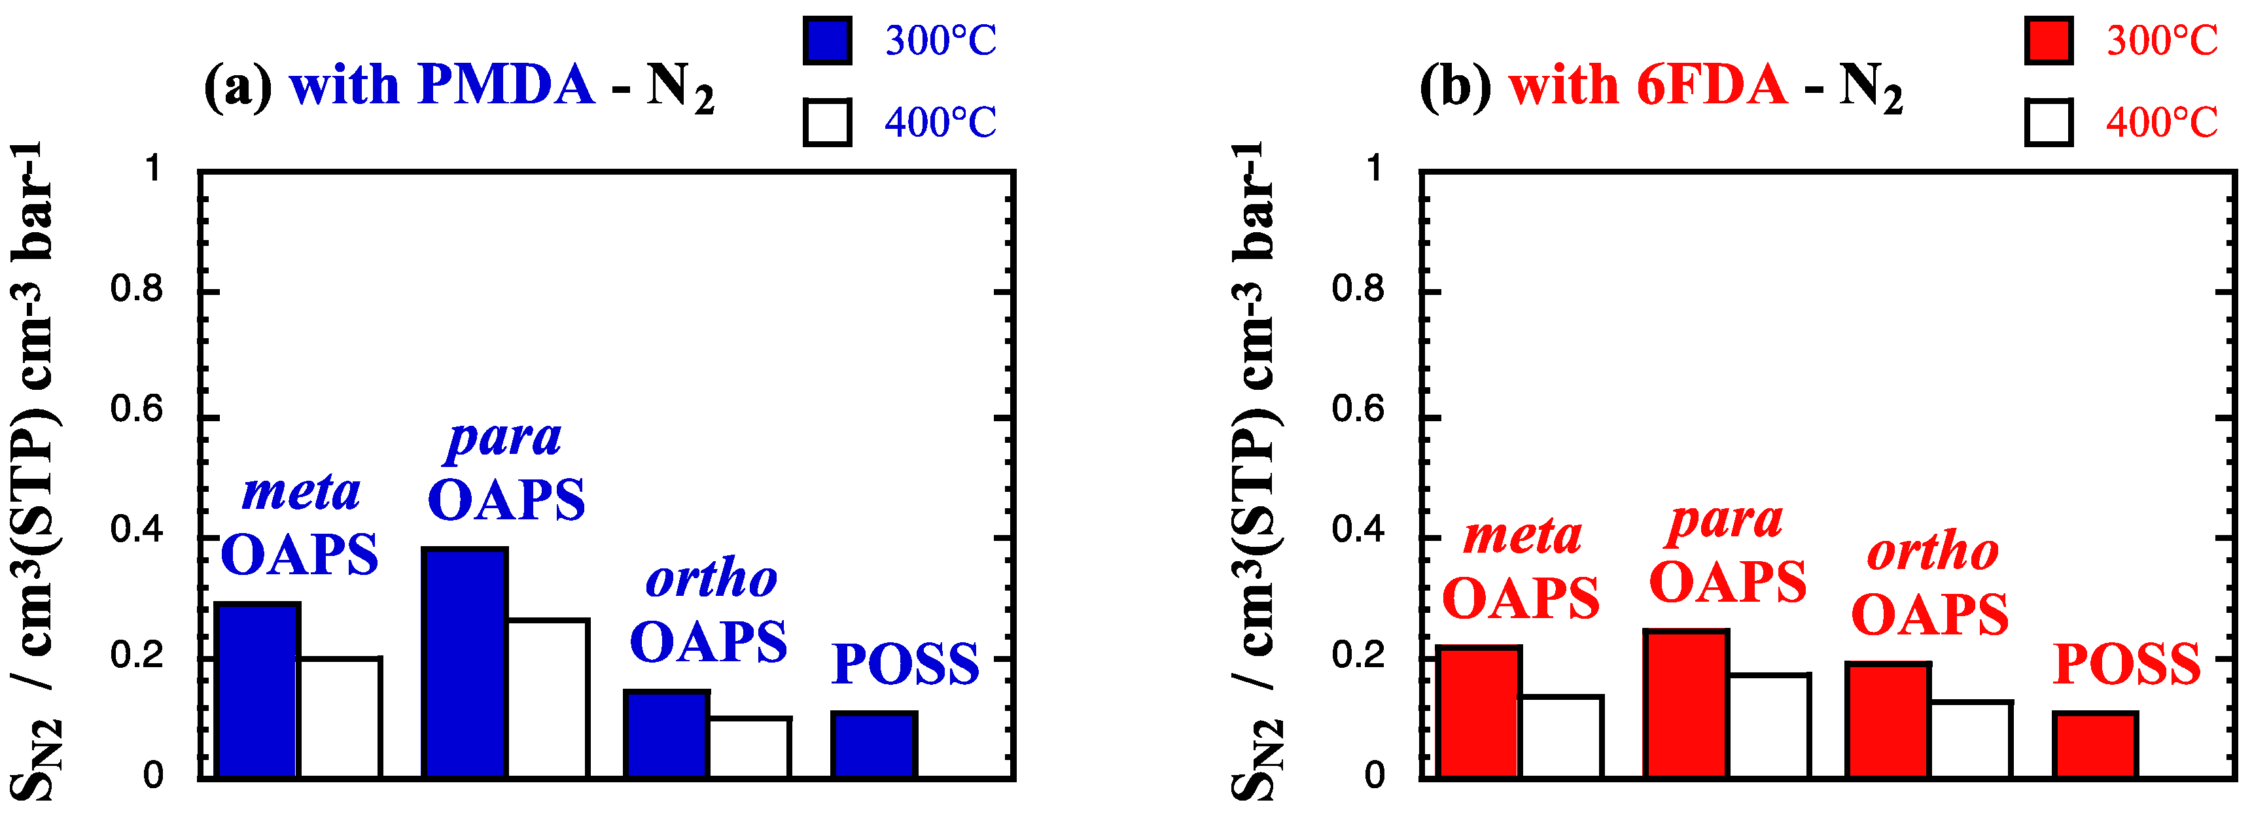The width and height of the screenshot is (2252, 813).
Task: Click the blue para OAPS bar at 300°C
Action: click(x=465, y=662)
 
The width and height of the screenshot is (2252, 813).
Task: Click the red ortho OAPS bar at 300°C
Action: click(x=1888, y=719)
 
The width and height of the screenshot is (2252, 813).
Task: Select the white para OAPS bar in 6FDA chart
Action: click(x=1768, y=725)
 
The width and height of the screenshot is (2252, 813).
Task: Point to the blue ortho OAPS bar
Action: click(x=666, y=733)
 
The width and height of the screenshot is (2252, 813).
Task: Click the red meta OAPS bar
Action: click(x=1479, y=712)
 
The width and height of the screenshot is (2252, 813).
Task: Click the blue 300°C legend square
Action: click(x=827, y=40)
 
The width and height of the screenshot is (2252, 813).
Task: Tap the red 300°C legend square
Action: click(x=2049, y=40)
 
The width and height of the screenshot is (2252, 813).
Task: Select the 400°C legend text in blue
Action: click(x=940, y=122)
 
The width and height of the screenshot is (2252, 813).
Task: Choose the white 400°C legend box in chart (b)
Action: click(x=2049, y=122)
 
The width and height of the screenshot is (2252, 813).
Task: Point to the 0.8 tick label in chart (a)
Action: click(x=136, y=288)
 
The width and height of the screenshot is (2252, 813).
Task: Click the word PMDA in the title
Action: click(x=506, y=86)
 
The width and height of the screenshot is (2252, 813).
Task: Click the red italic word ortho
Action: click(x=1932, y=553)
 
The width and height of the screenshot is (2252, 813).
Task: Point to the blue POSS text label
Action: click(x=905, y=665)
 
